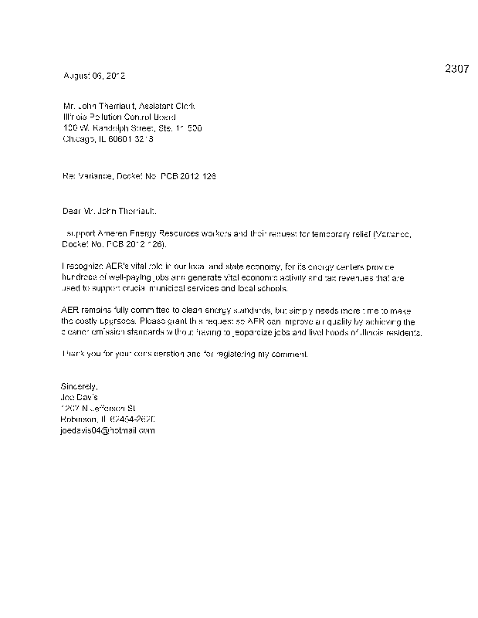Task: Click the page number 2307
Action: (x=456, y=69)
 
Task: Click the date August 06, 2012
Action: (x=93, y=76)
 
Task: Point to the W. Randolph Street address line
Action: (x=132, y=129)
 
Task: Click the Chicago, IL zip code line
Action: (x=108, y=141)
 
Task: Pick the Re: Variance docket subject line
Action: (x=139, y=177)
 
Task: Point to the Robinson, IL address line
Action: (x=107, y=419)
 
